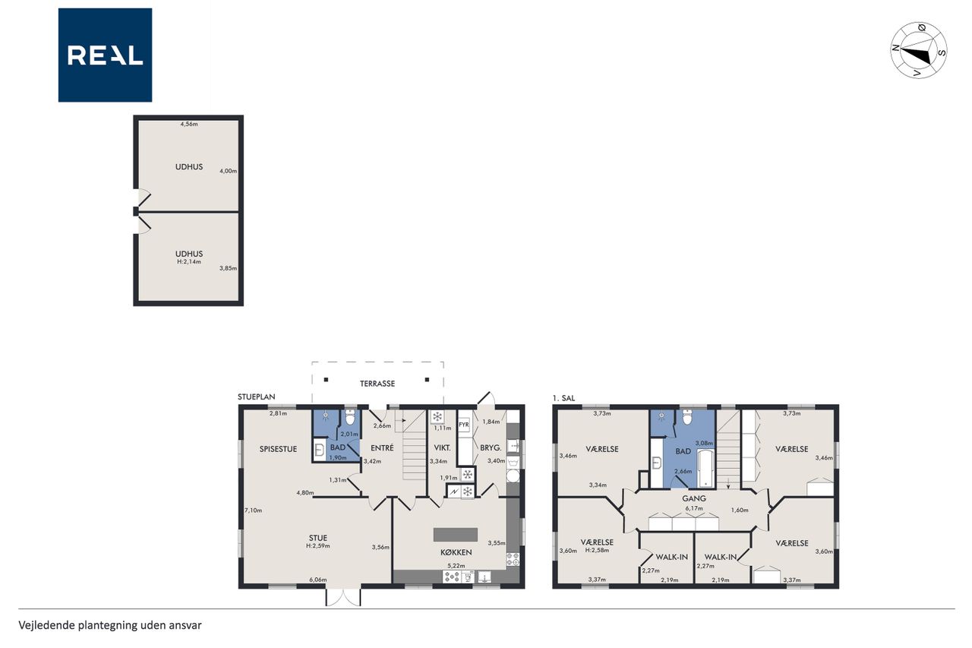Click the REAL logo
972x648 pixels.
coord(105,55)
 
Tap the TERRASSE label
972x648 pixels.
coord(377,384)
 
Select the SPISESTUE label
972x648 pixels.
coord(278,449)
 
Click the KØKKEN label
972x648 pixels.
coord(456,552)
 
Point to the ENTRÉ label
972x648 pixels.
coord(382,448)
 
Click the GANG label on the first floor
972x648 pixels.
coord(694,498)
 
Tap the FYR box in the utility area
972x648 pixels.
coord(464,425)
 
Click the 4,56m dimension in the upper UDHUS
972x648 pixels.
coord(189,124)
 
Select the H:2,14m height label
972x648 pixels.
coord(189,262)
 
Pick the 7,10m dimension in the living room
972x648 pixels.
coord(254,510)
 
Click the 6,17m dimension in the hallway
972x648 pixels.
coord(694,508)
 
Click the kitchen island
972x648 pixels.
coord(456,535)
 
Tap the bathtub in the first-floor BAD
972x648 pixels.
coord(705,468)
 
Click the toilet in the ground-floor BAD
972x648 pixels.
coord(350,417)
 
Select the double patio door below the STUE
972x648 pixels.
coord(343,597)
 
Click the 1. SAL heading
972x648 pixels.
coord(563,398)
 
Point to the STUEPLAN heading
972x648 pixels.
coord(257,397)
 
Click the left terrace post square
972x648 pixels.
coord(326,380)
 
